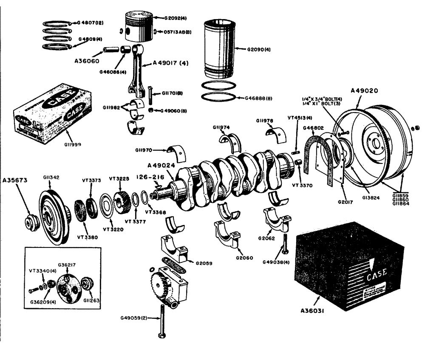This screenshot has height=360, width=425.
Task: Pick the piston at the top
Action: pos(138,26)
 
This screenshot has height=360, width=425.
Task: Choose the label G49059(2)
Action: pos(133,318)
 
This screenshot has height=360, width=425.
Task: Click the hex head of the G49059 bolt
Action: pos(161,335)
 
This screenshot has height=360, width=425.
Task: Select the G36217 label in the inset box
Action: pos(67,264)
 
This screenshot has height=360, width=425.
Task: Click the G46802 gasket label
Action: pos(313,127)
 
